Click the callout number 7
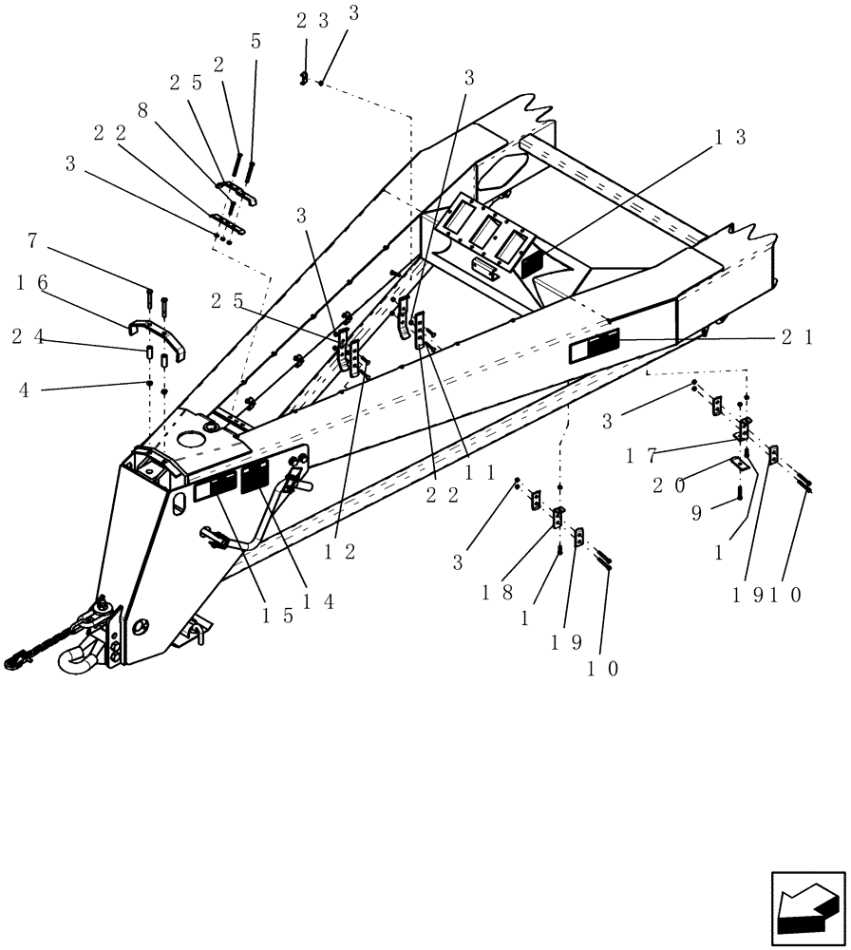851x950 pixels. (32, 240)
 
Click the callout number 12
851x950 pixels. (344, 551)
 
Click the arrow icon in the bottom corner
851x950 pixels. (806, 908)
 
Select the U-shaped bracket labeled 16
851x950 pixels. (157, 334)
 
